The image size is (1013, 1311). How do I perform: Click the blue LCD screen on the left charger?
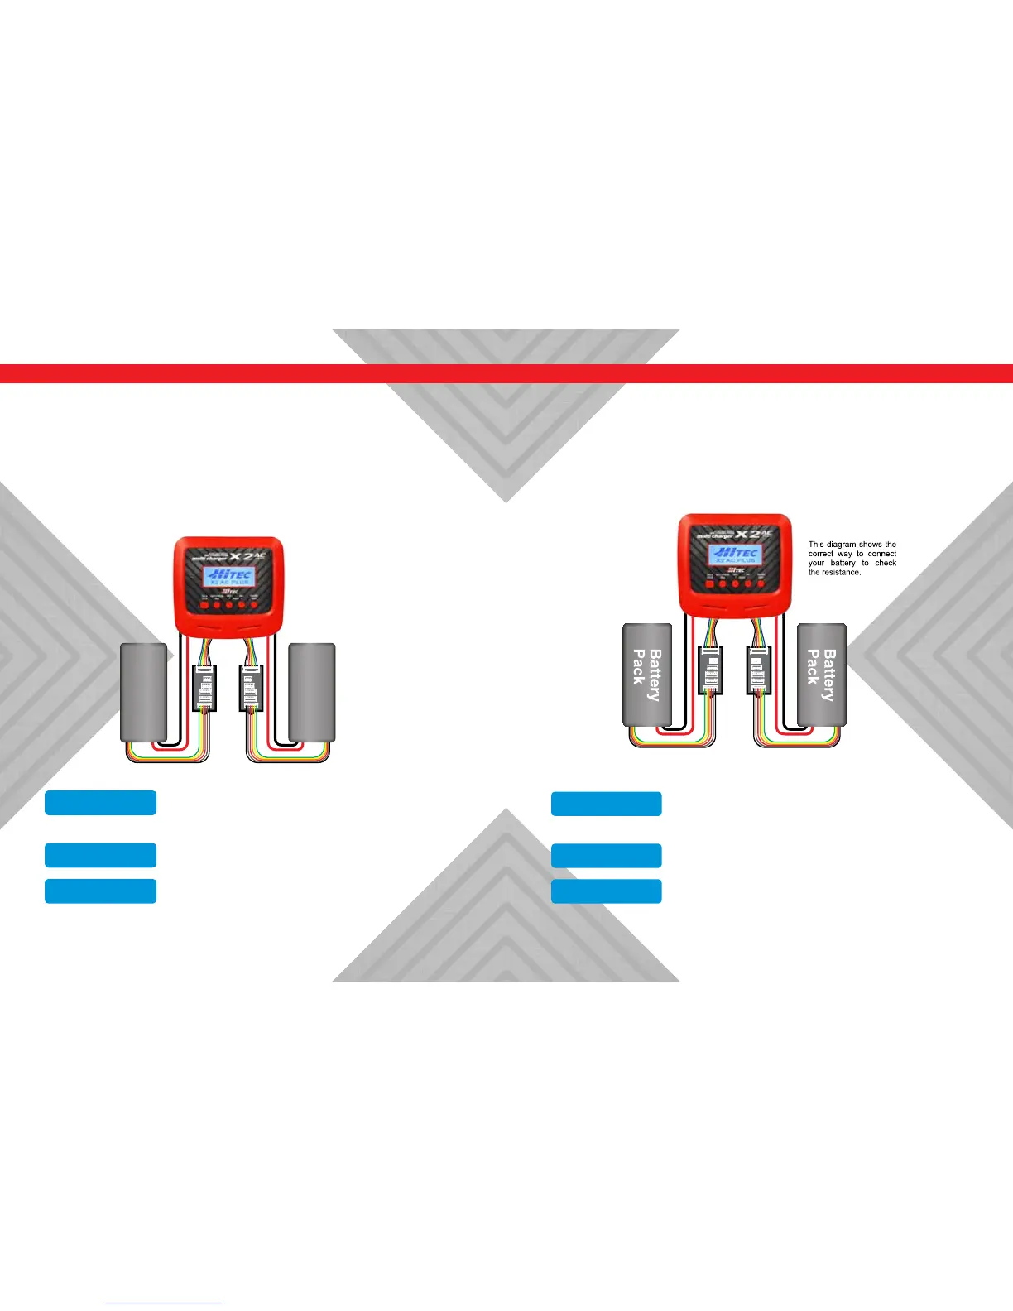pos(228,577)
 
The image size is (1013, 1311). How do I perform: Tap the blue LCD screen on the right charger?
pos(733,554)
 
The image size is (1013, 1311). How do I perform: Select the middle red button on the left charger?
pos(229,605)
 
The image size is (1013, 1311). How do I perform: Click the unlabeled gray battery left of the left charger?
pos(144,692)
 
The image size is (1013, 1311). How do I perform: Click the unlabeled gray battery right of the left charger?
pos(312,692)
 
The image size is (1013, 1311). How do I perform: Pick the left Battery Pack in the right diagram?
pos(646,675)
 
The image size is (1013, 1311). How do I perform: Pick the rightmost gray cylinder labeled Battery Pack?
pos(821,675)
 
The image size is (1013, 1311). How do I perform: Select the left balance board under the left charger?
pos(204,688)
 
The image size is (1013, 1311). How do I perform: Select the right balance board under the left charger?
pos(252,688)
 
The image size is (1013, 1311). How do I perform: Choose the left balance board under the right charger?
pos(709,669)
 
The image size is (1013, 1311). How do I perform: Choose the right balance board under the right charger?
pos(756,669)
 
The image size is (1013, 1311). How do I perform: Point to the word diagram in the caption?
pos(840,545)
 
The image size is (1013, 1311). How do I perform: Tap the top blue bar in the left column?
pos(100,803)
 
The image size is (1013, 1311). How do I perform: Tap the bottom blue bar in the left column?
pos(100,891)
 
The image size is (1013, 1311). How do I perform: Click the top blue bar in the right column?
pos(606,804)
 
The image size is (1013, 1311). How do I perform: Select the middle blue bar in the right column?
pos(606,855)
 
